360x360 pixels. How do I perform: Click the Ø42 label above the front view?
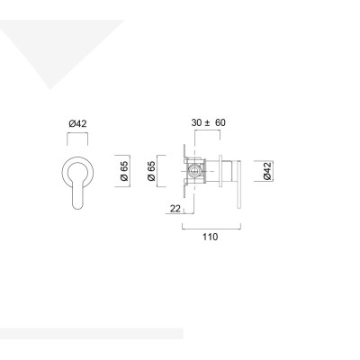76,123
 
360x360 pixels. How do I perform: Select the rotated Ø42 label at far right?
267,170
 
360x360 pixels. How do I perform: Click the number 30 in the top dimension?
197,123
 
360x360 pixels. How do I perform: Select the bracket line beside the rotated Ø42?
256,170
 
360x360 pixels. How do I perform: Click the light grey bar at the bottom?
90,333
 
